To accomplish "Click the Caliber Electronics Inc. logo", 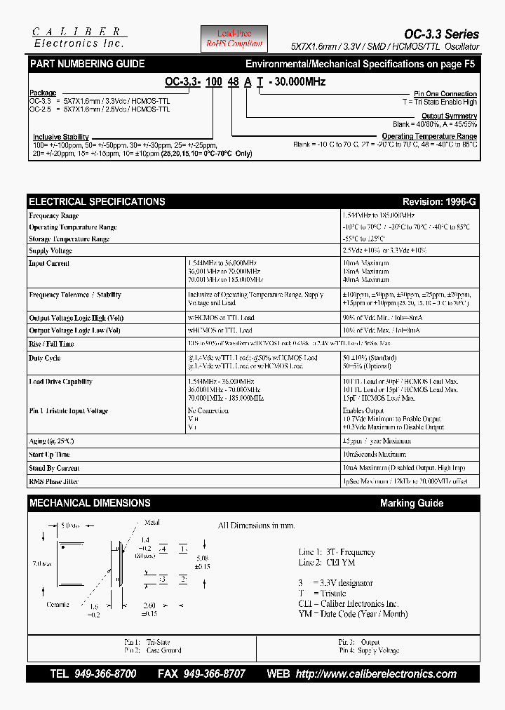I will [79, 38].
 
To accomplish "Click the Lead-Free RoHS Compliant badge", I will [234, 39].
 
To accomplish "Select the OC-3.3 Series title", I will [441, 34].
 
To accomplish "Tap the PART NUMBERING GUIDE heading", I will [87, 64].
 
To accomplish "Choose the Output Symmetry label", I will [449, 116].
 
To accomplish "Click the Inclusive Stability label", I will [61, 137].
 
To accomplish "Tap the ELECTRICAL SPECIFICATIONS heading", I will [97, 201].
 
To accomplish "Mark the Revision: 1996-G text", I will [439, 201].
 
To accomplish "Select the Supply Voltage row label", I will [50, 250].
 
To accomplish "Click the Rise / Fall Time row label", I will [51, 344].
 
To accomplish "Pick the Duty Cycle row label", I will [45, 358].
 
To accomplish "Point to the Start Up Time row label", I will [49, 455].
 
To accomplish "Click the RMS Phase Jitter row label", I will [54, 481].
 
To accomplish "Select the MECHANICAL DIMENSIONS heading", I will [90, 503].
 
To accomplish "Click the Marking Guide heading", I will [411, 503].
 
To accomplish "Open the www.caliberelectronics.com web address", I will [376, 674].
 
